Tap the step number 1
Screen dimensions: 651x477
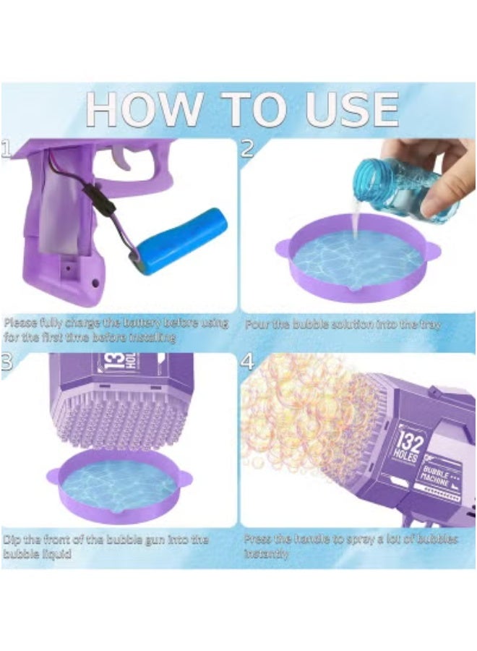[x=7, y=148]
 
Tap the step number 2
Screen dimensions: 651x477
[x=247, y=148]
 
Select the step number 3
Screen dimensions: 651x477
[x=7, y=362]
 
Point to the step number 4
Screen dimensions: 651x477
[x=247, y=362]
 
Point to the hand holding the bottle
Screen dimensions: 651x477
[x=434, y=170]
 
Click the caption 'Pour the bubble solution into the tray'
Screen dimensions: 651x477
[x=343, y=325]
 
